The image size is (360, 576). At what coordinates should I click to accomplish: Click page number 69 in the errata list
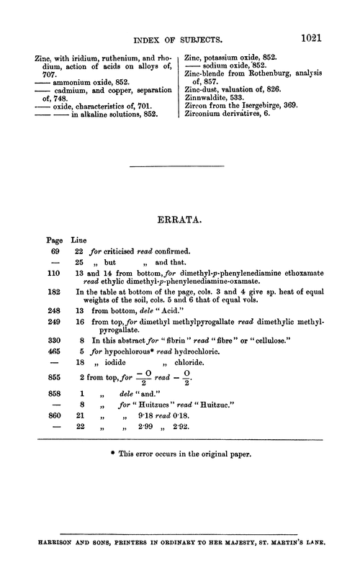tap(52, 251)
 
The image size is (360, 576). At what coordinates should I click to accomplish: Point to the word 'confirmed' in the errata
tap(170, 251)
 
